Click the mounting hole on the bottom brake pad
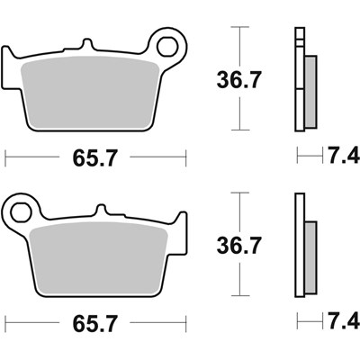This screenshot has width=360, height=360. [18, 213]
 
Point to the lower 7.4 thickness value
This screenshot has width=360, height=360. [344, 321]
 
